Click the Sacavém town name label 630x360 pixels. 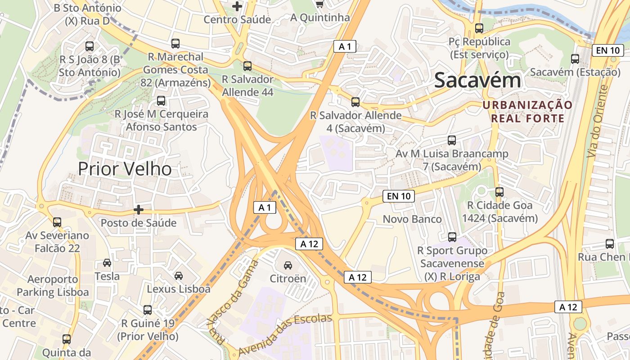[x=477, y=81]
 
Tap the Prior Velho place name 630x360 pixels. [x=125, y=169]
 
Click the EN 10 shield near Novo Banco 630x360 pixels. [x=399, y=196]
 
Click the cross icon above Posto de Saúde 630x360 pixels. [x=139, y=210]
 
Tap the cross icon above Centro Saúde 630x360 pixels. [x=237, y=6]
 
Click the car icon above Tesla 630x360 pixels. [x=107, y=263]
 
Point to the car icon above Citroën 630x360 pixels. [x=288, y=265]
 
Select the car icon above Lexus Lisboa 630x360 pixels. [x=179, y=276]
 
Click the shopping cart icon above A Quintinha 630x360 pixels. [x=320, y=4]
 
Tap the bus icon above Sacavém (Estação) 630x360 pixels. [x=575, y=59]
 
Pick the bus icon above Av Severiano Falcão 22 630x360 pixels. [x=57, y=222]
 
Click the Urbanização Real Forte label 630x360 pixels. [x=527, y=112]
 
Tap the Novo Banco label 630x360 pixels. [x=412, y=219]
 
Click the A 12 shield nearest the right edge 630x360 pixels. [x=568, y=307]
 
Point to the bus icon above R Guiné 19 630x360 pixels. [x=148, y=310]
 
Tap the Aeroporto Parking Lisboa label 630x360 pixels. [x=53, y=286]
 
